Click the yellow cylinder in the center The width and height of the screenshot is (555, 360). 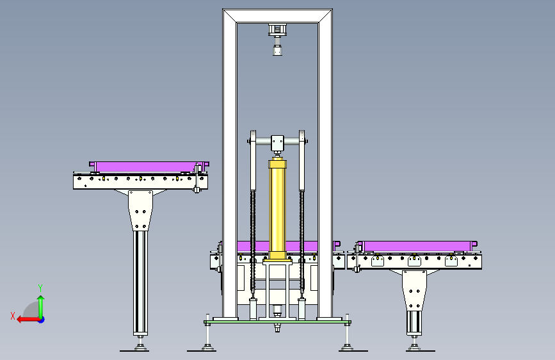[278, 209]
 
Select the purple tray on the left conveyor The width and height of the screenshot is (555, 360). [149, 167]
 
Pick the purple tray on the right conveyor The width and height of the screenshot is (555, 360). [417, 246]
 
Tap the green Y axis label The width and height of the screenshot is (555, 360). [40, 288]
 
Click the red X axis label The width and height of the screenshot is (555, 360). [13, 316]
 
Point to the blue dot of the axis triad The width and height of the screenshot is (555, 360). [42, 320]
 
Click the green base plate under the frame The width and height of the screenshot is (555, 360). [278, 322]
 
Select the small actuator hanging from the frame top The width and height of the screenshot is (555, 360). [277, 39]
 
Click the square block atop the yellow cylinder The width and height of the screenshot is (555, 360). [277, 142]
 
